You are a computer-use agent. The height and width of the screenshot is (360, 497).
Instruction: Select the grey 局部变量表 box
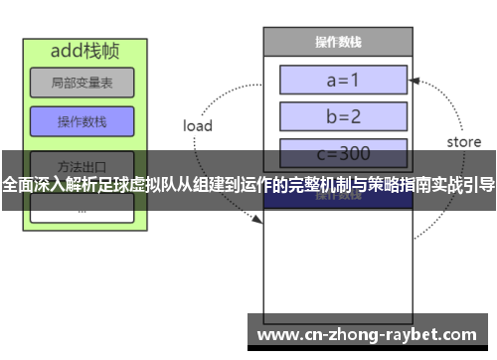[81, 84]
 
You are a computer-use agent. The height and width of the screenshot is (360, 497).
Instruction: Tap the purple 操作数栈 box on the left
[81, 121]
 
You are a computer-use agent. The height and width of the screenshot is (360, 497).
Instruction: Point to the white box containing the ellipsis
[81, 208]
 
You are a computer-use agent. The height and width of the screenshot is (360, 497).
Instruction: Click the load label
[198, 126]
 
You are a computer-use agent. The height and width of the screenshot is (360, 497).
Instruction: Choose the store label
[463, 142]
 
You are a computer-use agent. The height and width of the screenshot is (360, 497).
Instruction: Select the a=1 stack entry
[343, 80]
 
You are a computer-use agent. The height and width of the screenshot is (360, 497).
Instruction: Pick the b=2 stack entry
[343, 116]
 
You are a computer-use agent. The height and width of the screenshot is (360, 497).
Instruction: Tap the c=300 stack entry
[343, 154]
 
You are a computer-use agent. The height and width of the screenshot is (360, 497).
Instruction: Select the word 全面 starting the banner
[17, 184]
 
